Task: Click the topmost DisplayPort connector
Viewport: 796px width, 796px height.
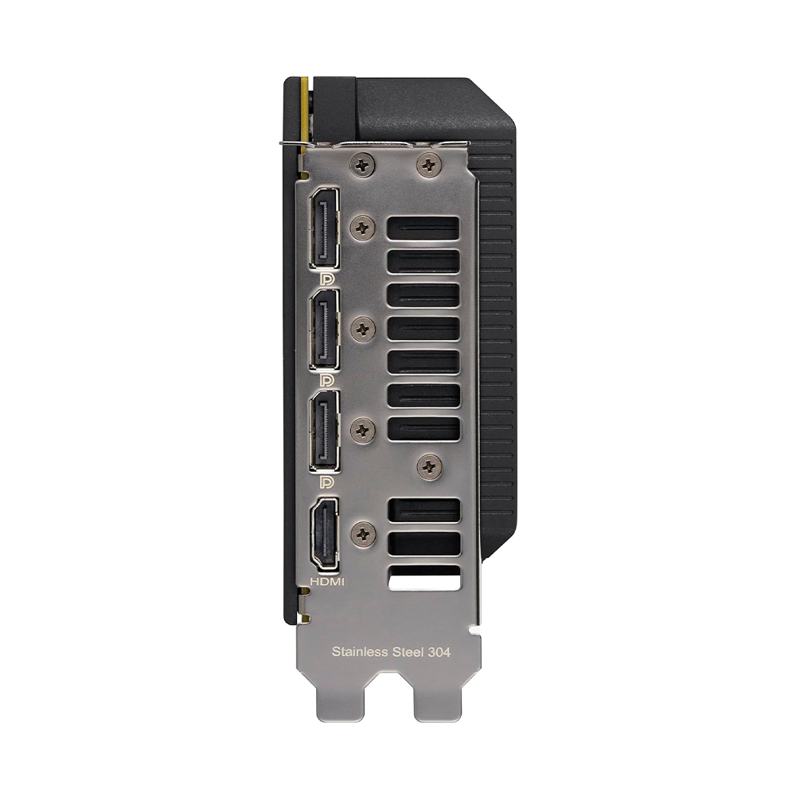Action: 324,228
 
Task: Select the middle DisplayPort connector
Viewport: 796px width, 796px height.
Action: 324,329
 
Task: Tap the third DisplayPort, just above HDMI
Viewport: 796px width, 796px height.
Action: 324,430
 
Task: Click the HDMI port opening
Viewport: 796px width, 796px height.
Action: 324,533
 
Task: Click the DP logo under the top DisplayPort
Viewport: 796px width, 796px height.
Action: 326,279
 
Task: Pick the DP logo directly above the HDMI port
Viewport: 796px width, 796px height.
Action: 326,482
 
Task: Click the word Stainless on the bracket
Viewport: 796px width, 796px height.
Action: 359,652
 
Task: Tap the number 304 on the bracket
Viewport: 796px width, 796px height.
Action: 439,652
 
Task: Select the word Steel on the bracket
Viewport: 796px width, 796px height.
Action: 406,652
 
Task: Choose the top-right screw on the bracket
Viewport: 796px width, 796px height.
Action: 429,165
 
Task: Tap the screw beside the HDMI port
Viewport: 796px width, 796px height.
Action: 363,533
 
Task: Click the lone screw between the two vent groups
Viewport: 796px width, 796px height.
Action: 431,466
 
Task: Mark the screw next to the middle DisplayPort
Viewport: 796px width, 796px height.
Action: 363,328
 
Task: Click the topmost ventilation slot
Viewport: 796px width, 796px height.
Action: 423,228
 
